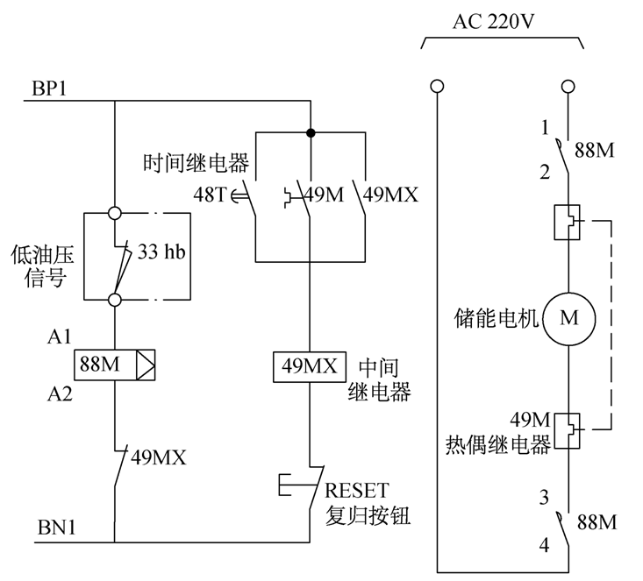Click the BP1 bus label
click(50, 89)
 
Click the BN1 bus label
click(55, 529)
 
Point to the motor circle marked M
click(569, 317)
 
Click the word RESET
click(357, 490)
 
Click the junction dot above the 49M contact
click(311, 133)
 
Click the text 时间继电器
click(198, 163)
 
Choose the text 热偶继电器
click(497, 445)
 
